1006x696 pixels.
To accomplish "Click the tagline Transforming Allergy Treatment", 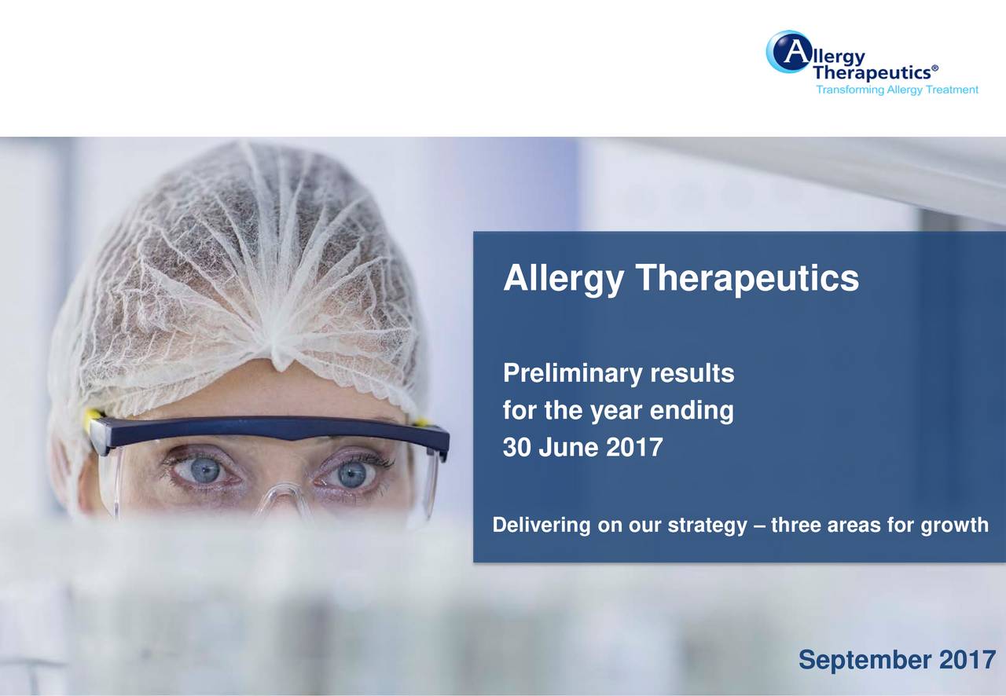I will pyautogui.click(x=897, y=90).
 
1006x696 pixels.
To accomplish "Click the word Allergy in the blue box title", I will pyautogui.click(x=562, y=279).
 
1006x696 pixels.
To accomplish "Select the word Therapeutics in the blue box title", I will pyautogui.click(x=747, y=279).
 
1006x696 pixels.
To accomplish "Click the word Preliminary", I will pyautogui.click(x=573, y=375).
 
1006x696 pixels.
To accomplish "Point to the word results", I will pyautogui.click(x=692, y=375).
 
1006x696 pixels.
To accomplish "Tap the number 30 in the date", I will pyautogui.click(x=516, y=449).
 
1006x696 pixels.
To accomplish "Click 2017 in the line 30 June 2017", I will pyautogui.click(x=634, y=449).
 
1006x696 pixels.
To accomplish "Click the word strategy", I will pyautogui.click(x=703, y=526).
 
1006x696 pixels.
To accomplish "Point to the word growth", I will pyautogui.click(x=953, y=526).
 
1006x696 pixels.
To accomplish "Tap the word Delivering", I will pyautogui.click(x=542, y=526).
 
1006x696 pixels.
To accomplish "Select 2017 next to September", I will pyautogui.click(x=967, y=661).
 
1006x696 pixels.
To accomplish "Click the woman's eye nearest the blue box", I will pyautogui.click(x=351, y=474).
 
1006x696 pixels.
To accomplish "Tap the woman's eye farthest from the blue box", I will pyautogui.click(x=204, y=471).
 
